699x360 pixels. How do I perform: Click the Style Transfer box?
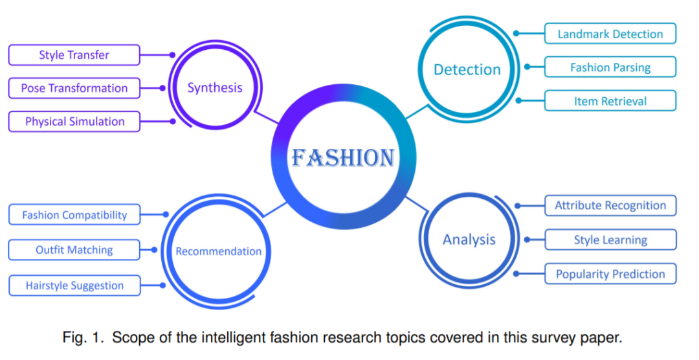(x=74, y=55)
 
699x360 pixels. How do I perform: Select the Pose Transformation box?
(x=74, y=88)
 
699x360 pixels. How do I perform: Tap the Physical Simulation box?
(x=74, y=122)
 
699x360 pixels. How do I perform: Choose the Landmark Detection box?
(x=610, y=34)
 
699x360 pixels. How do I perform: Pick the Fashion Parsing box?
(x=610, y=67)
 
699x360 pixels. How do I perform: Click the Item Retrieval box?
(x=610, y=101)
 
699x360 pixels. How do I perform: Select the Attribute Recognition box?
(x=610, y=206)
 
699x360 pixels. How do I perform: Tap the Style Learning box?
(x=610, y=240)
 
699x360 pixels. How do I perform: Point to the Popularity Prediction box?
(x=610, y=274)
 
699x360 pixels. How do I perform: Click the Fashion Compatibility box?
(x=74, y=215)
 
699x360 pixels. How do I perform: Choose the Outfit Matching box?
(x=74, y=250)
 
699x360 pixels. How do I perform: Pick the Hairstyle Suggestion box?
(x=74, y=286)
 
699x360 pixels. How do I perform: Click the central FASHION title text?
(x=342, y=157)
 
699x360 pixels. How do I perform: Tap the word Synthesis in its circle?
(x=215, y=87)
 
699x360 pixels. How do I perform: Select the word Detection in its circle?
(x=467, y=69)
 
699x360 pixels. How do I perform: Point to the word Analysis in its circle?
(x=469, y=240)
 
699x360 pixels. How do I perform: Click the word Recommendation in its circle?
(x=219, y=251)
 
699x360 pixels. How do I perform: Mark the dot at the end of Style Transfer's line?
(x=172, y=55)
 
